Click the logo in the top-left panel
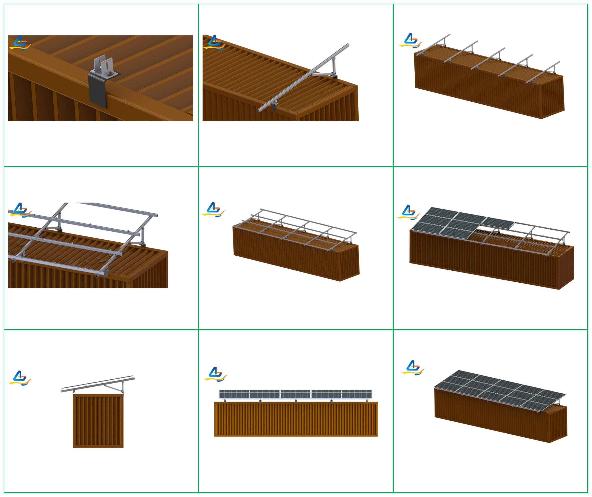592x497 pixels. click(20, 43)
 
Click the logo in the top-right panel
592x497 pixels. click(411, 41)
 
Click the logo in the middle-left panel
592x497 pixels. click(20, 210)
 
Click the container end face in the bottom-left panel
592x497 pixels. click(98, 421)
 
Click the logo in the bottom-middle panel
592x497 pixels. click(215, 374)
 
